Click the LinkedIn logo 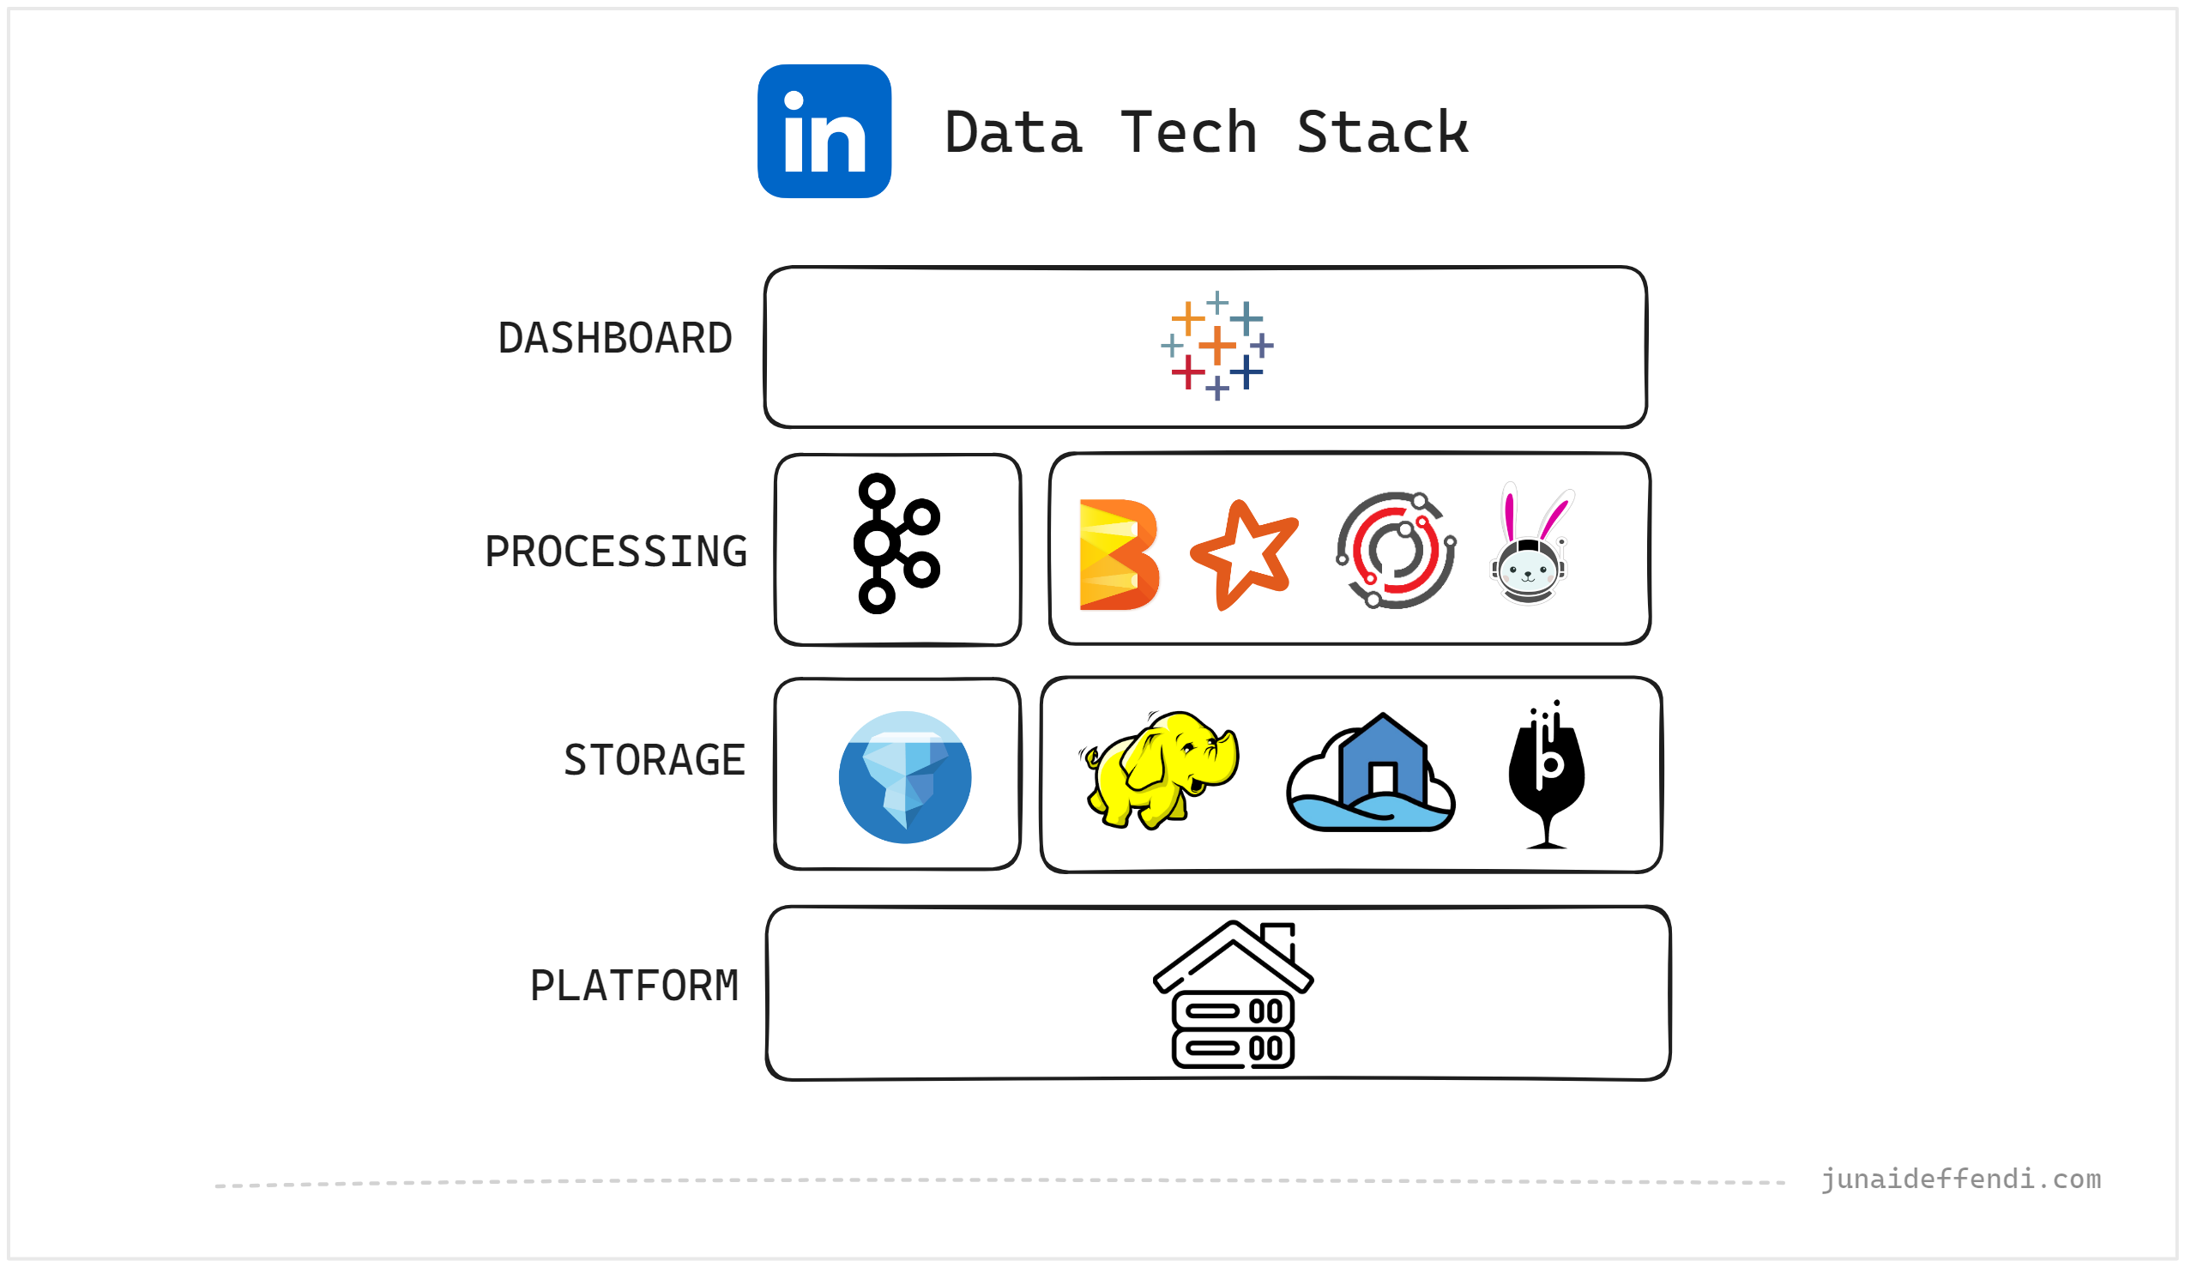(824, 131)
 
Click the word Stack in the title (1381, 133)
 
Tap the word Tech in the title (1188, 133)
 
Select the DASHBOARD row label (615, 338)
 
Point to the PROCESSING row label (616, 552)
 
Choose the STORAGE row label (654, 761)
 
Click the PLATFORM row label (634, 986)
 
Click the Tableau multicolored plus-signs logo (1216, 346)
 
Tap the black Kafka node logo (896, 544)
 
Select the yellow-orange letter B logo (1118, 555)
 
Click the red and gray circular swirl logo (1395, 550)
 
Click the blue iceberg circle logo (904, 778)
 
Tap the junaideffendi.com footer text (1960, 1180)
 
